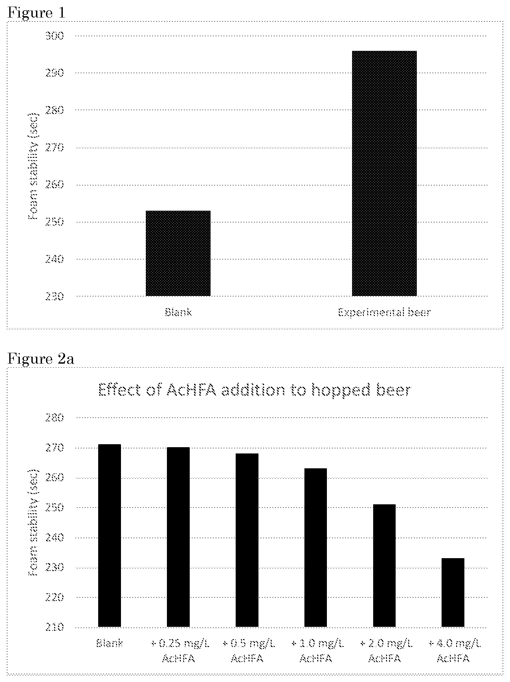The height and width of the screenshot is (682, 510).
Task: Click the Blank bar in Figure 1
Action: coord(178,253)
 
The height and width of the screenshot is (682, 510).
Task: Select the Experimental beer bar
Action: coord(384,173)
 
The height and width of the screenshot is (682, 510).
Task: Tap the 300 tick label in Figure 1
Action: coord(54,36)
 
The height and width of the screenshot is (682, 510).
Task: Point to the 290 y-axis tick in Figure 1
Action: coord(54,73)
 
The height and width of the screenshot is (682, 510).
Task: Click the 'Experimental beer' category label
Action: coord(384,312)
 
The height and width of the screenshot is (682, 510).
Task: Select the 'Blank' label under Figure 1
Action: coord(178,312)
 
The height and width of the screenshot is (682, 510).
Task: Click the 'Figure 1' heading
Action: coord(36,13)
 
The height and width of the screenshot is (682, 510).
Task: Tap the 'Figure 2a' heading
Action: coord(41,359)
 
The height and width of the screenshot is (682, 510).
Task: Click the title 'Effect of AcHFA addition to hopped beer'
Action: coord(255,390)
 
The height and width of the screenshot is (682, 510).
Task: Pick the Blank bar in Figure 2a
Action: coord(109,536)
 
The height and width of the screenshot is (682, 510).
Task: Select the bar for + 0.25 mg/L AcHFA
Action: coord(178,537)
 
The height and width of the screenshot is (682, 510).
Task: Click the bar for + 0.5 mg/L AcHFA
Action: coord(247,540)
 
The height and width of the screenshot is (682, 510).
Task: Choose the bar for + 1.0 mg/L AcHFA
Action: coord(316,548)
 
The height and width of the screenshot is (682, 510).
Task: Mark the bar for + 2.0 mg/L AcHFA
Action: coord(384,565)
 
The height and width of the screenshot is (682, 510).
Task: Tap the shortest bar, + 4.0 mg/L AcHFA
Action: coord(453,592)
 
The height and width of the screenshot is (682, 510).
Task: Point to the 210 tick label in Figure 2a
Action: coord(54,627)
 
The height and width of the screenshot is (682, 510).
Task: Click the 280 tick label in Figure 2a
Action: coord(54,418)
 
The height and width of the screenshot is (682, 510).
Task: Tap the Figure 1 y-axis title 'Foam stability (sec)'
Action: coord(33,166)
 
